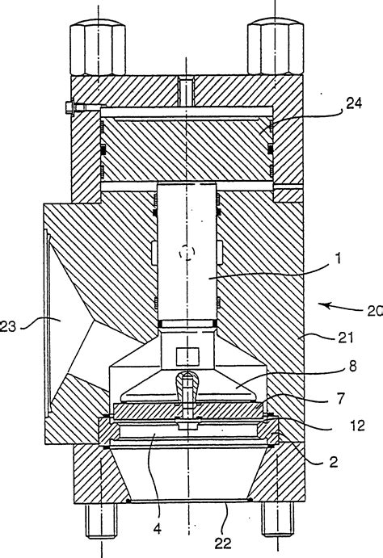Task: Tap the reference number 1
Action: click(x=338, y=258)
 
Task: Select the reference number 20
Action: click(x=375, y=311)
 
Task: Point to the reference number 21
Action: click(x=346, y=337)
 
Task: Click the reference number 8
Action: click(x=353, y=366)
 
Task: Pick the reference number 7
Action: click(x=341, y=399)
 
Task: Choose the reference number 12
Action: click(x=357, y=426)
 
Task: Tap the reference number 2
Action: click(x=334, y=462)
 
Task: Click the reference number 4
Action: click(x=157, y=529)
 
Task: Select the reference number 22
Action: click(x=223, y=543)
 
